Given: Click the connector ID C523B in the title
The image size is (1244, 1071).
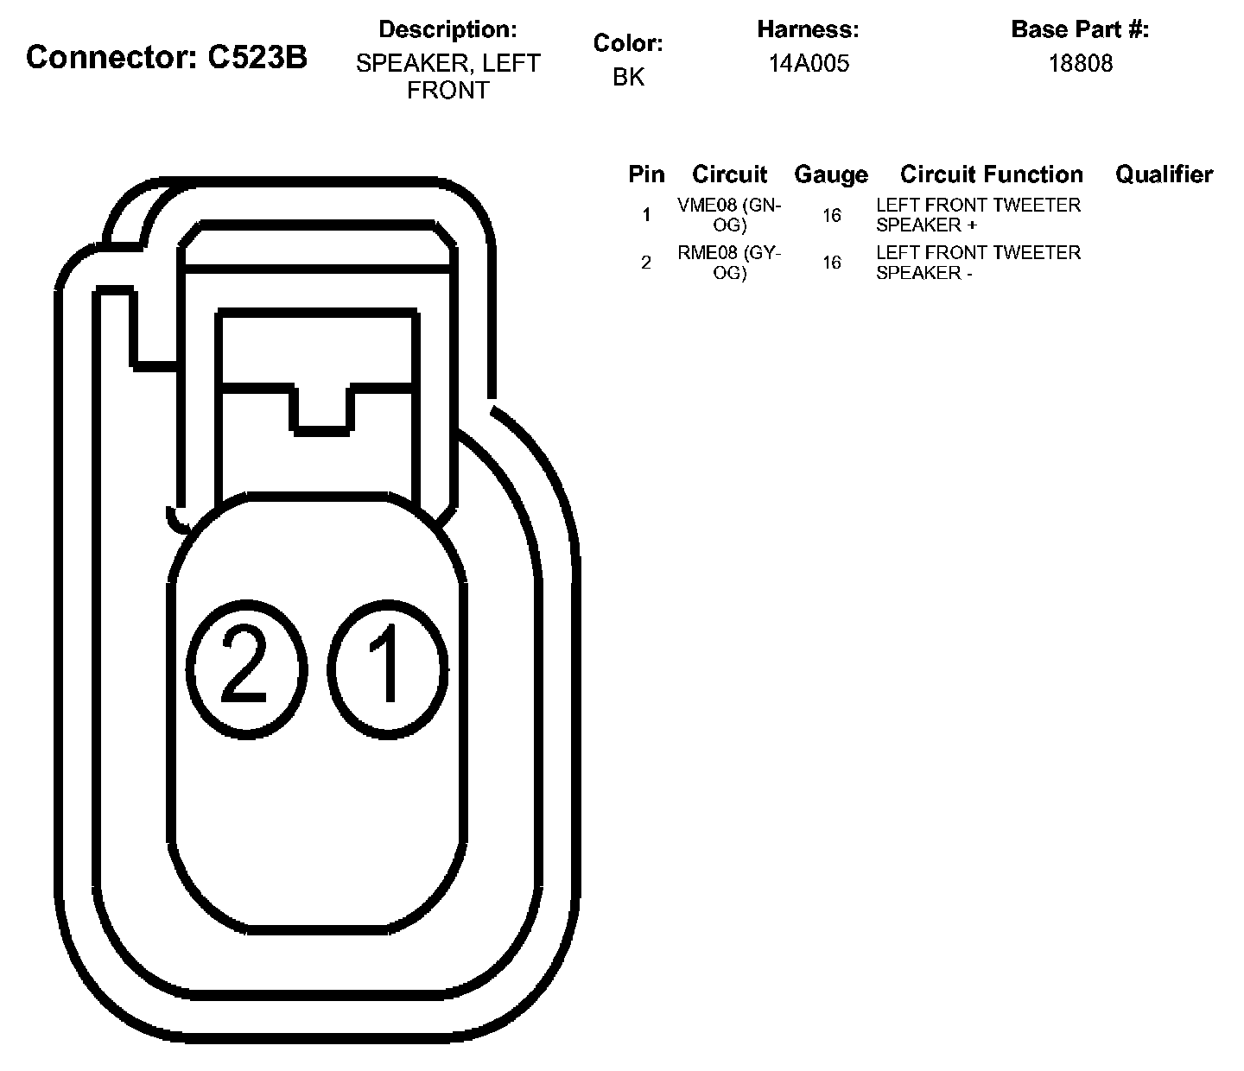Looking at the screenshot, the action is (257, 58).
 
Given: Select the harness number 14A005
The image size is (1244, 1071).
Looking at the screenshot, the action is (809, 63).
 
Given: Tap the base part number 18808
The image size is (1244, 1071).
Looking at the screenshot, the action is (1081, 63).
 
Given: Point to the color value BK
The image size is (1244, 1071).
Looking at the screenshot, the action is (628, 77).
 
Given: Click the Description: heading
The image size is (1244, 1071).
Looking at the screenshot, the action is (447, 29).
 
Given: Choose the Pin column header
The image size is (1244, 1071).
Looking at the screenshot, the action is (646, 174).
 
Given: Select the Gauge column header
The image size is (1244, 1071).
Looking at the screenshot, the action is (831, 175).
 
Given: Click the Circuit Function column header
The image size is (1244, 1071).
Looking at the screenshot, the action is (991, 174).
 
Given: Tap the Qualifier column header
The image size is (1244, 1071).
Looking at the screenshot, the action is (1164, 174).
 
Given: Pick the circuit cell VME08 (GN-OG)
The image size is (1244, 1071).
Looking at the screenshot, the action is (729, 215).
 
